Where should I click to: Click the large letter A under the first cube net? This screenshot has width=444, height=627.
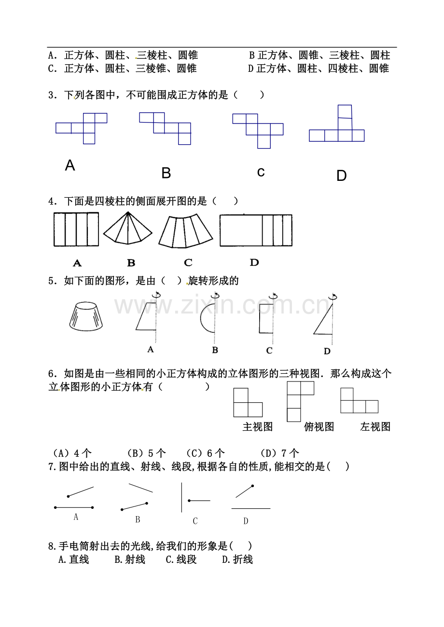(70, 165)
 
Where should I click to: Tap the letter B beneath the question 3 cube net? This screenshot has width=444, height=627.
(166, 173)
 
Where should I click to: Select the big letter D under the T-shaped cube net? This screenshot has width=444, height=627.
(342, 176)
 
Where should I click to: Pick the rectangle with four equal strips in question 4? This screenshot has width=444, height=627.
(76, 229)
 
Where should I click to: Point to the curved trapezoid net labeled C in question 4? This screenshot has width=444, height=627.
(185, 231)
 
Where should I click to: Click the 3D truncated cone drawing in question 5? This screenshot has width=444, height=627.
(86, 316)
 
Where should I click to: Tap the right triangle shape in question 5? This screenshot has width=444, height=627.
(323, 319)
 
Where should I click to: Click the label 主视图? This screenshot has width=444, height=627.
(257, 426)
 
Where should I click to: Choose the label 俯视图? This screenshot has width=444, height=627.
(319, 426)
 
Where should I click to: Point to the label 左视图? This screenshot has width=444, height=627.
(375, 426)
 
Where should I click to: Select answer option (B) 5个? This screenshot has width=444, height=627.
(146, 453)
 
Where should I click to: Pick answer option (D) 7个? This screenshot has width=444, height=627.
(279, 453)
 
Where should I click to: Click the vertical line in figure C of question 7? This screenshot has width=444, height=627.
(181, 497)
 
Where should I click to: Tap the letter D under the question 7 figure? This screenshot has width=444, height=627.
(246, 521)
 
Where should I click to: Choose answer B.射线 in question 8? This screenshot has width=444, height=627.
(130, 559)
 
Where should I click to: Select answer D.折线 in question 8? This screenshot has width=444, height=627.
(237, 559)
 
